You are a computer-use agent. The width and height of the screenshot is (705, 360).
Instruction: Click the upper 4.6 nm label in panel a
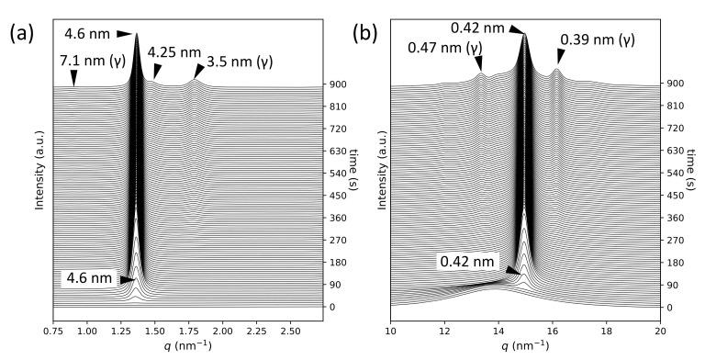[86, 35]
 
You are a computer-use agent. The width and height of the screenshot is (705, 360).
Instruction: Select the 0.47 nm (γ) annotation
[447, 47]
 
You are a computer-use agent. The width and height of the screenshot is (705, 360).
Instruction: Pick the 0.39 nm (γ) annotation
[597, 39]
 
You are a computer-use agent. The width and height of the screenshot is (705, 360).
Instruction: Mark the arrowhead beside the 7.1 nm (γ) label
[73, 84]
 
